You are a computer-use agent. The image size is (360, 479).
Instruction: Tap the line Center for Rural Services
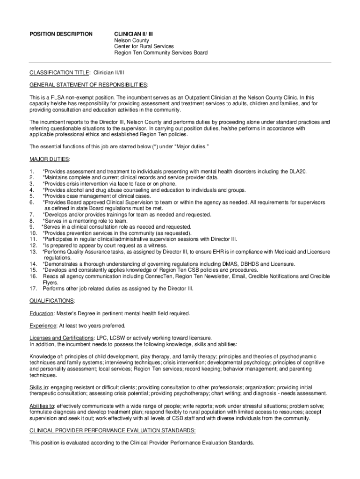tap(144, 46)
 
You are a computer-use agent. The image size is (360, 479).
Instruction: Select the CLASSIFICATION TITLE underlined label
tap(59, 73)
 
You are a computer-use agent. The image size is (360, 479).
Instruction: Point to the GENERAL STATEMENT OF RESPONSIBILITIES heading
tap(88, 85)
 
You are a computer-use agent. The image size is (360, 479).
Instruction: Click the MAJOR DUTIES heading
tap(50, 159)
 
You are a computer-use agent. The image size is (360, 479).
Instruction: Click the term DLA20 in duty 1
tap(298, 172)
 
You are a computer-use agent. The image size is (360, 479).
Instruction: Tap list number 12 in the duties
tap(33, 245)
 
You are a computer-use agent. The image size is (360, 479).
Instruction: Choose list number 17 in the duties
tap(33, 289)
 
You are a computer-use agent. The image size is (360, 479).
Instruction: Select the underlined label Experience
tap(43, 326)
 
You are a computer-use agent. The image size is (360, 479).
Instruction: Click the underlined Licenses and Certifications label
tap(61, 338)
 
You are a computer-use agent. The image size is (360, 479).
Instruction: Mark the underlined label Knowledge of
tap(46, 356)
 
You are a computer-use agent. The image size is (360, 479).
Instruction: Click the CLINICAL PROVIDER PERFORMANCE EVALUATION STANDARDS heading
tap(113, 430)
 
